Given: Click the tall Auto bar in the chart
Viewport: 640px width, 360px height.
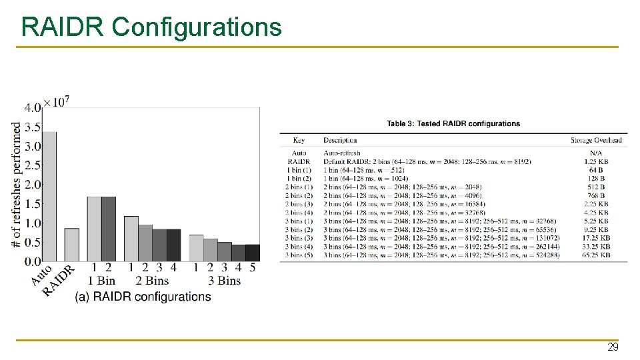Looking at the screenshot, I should (49, 197).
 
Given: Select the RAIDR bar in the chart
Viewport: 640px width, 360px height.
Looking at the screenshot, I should (71, 245).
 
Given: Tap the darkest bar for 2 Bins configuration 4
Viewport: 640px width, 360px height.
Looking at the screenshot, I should (173, 245).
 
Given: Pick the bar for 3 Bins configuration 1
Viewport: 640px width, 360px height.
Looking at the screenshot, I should (196, 247).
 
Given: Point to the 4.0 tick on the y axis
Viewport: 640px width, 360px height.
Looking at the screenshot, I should (33, 107).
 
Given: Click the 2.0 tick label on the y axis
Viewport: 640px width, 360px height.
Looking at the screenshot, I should (33, 185).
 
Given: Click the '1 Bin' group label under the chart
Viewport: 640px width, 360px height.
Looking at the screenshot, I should (101, 281).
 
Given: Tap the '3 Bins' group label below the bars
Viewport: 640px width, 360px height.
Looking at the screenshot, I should (225, 281).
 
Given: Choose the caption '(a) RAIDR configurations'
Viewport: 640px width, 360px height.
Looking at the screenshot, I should (143, 297).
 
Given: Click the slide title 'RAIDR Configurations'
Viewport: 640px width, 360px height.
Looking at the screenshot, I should (151, 27).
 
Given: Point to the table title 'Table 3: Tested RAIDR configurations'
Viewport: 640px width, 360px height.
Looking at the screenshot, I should (453, 123).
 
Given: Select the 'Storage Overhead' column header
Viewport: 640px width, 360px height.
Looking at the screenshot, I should (596, 140).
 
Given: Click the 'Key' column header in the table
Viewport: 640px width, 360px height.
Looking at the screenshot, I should (299, 140).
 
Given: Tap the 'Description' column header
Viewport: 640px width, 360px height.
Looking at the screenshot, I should (340, 140).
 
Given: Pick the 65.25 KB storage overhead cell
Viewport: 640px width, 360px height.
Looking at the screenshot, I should (596, 255).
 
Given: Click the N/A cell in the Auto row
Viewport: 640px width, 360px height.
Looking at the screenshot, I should (596, 153).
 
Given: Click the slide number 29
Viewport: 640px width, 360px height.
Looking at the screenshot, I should (613, 347).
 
